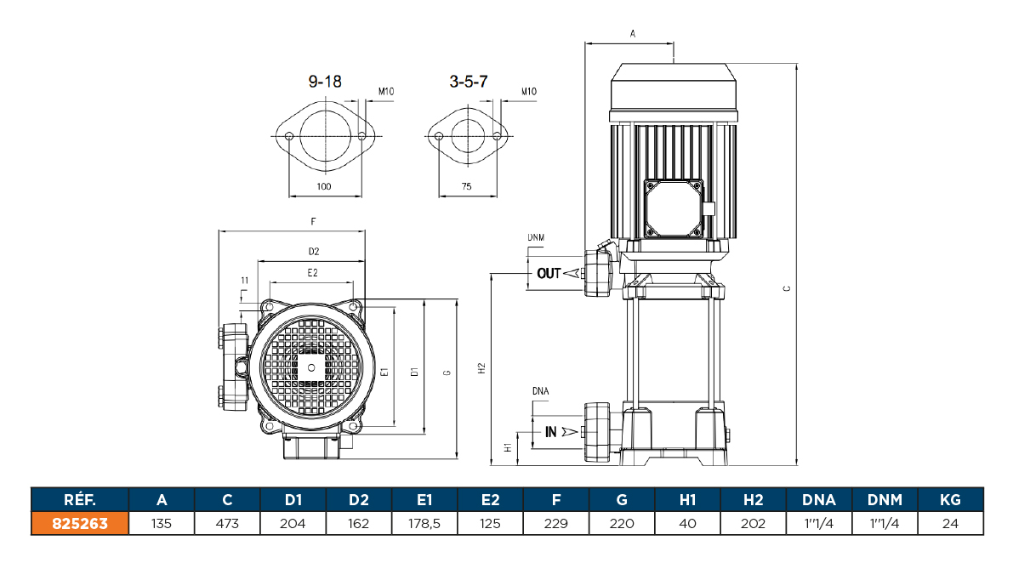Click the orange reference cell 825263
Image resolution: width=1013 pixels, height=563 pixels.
80,524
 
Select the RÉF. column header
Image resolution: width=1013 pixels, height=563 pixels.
80,500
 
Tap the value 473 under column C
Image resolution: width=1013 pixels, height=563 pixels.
227,524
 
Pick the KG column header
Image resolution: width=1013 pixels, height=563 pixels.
950,500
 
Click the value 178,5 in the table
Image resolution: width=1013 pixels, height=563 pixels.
424,524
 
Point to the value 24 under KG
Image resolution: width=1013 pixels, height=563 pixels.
950,524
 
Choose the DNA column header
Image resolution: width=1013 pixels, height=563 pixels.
819,500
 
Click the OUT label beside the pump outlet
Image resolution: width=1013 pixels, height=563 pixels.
549,274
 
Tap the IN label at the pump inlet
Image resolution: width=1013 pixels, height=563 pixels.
551,432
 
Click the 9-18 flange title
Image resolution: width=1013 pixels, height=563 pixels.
324,82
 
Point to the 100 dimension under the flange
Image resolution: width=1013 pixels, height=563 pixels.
324,186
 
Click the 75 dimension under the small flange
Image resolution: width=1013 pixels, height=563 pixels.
466,186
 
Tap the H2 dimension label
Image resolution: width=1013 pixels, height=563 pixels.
481,368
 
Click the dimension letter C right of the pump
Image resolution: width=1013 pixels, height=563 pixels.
787,289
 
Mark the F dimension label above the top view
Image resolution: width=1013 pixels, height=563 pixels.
313,221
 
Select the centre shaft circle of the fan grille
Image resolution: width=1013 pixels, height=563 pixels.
311,367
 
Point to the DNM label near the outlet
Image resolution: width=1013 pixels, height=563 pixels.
536,237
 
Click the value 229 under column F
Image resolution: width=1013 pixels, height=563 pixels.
556,524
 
